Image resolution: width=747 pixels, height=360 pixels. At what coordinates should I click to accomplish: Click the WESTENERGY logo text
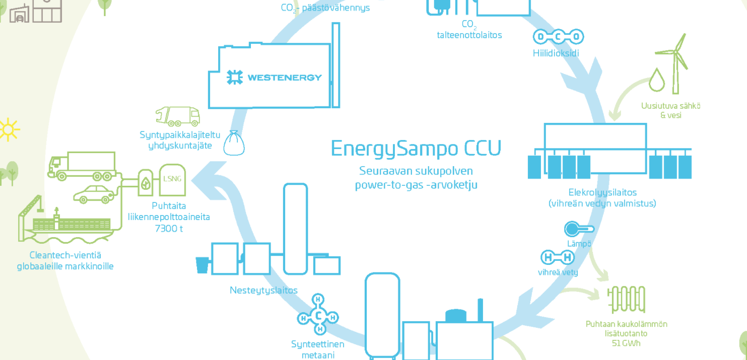284,78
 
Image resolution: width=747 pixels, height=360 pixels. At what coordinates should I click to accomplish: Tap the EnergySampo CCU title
416,149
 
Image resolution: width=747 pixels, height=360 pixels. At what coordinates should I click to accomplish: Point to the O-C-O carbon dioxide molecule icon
558,37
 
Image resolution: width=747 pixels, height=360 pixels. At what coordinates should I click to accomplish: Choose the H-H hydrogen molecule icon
558,258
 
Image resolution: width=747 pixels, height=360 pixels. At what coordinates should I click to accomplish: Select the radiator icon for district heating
626,300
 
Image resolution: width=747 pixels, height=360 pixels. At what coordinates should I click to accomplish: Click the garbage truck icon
178,116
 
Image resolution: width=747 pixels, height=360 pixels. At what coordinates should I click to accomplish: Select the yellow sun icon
7,130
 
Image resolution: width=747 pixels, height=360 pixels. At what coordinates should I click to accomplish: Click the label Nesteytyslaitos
263,290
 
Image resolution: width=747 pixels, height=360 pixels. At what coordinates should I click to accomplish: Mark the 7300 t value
168,229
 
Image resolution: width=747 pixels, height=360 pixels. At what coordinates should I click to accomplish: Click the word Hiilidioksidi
556,52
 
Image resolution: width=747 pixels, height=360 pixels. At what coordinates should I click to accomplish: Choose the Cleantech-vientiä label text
65,255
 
